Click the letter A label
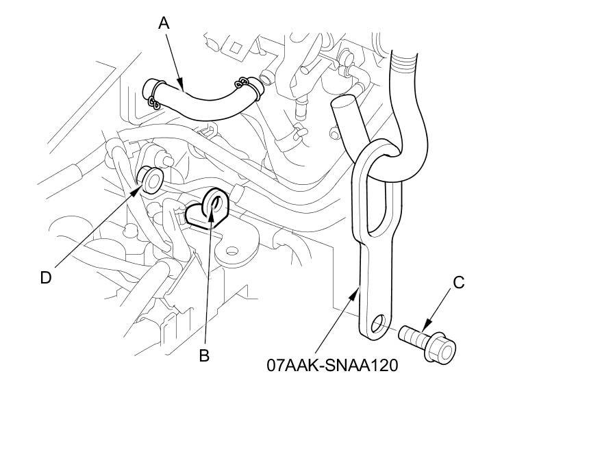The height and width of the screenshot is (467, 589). pyautogui.click(x=164, y=23)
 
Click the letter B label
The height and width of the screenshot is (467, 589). pyautogui.click(x=204, y=355)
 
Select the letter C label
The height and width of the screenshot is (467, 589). pyautogui.click(x=459, y=281)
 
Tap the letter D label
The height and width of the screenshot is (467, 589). pyautogui.click(x=46, y=277)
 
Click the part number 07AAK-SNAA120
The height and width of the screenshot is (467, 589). pyautogui.click(x=332, y=365)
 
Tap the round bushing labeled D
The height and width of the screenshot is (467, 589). pyautogui.click(x=150, y=180)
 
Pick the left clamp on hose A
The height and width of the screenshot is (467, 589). pyautogui.click(x=153, y=94)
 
